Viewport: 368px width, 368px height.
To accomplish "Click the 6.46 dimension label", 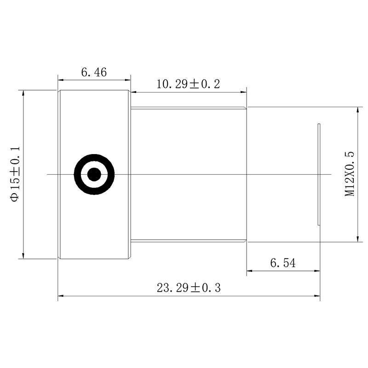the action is (94, 72).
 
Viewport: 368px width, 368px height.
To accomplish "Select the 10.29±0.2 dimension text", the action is (188, 84).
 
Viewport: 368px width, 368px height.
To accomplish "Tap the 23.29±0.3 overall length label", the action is (189, 288).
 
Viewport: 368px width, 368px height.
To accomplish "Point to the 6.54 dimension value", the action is (283, 263).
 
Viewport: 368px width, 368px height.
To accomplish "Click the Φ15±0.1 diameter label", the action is (15, 174).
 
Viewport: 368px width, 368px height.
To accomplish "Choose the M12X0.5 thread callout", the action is (350, 174).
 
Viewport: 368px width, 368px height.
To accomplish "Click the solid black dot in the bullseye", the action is (94, 174).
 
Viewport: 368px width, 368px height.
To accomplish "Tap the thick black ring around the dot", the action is (94, 157).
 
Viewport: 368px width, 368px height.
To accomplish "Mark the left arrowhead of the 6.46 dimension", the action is (61, 80).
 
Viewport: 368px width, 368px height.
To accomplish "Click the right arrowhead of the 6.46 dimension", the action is (128, 80).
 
